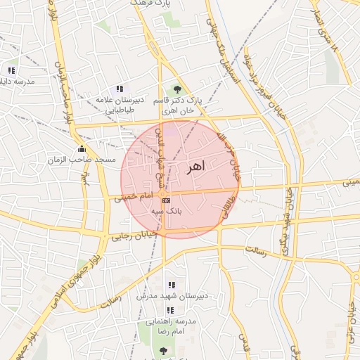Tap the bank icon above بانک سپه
pos(166,200)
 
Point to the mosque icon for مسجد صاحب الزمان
pos(82,149)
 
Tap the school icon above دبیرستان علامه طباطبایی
pos(120,89)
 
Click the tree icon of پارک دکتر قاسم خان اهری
pos(176,89)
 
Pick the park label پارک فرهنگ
pos(155,4)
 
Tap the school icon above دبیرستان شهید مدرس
pos(171,285)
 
